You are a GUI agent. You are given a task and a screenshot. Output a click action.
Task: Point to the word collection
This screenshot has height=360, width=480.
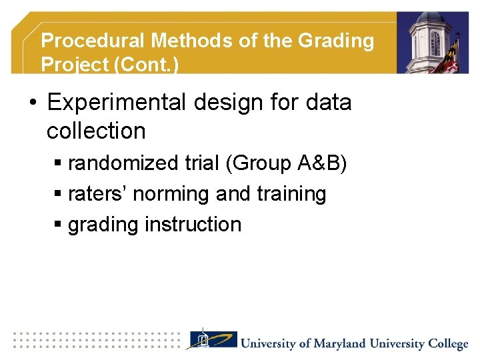click(96, 131)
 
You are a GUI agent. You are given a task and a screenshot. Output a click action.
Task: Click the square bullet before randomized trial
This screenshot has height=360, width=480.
click(58, 164)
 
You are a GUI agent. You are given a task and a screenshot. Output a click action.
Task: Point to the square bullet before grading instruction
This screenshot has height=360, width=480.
click(58, 225)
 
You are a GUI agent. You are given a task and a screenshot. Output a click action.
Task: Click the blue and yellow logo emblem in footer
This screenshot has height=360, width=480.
click(211, 341)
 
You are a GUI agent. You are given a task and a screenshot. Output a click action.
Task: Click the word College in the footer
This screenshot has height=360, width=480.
click(448, 344)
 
